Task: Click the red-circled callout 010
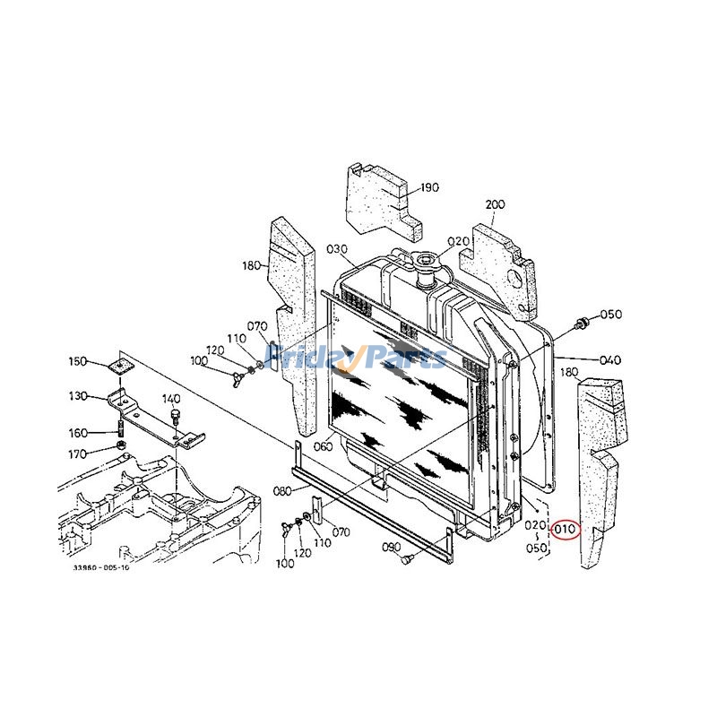point(565,530)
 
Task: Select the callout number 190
point(429,187)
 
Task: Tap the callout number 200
point(495,204)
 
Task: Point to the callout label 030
point(336,248)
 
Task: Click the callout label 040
point(609,360)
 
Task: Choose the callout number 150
point(78,361)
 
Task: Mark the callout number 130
point(78,395)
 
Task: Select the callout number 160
point(78,433)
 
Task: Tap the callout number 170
point(78,453)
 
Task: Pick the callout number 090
point(391,547)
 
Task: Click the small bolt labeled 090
point(406,559)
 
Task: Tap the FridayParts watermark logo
point(358,358)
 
